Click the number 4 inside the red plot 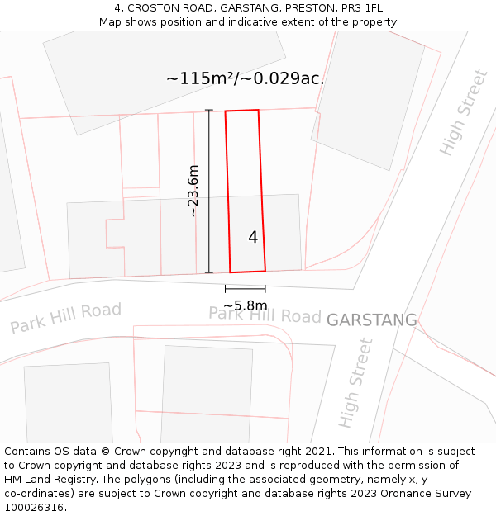(253, 238)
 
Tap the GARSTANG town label (371, 320)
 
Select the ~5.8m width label (245, 305)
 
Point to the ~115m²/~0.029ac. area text (245, 79)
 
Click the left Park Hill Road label (66, 318)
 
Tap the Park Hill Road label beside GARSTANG (265, 315)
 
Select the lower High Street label (356, 382)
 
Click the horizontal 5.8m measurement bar (245, 289)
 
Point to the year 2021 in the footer (319, 451)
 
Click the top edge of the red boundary (242, 111)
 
